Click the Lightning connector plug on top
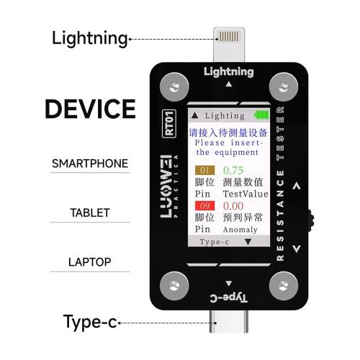point(229,45)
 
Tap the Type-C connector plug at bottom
point(229,321)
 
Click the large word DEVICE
point(90,109)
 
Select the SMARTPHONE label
point(90,163)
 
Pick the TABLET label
point(90,213)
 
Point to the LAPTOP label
point(90,262)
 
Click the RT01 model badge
point(169,124)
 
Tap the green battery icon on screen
point(261,115)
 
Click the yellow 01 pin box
point(204,171)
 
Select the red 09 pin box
point(204,206)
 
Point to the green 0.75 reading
point(233,171)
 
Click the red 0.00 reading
point(233,206)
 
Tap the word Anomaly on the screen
point(240,230)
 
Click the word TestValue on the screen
point(246,194)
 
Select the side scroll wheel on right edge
point(311,220)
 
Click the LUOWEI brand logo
point(166,186)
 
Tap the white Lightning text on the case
point(229,72)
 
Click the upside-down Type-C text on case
point(228,298)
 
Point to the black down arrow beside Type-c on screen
point(248,242)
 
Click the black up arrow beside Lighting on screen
point(195,116)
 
